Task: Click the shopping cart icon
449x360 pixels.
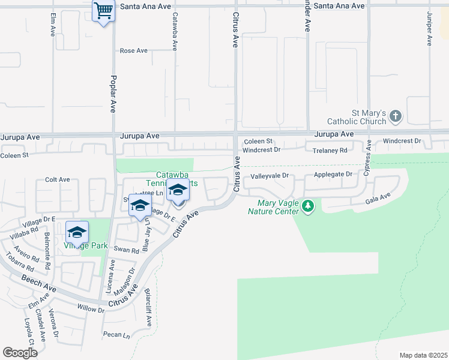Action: pos(104,10)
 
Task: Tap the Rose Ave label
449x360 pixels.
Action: pos(133,51)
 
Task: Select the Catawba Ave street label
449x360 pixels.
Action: pos(175,31)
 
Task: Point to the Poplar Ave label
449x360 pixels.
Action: pos(113,94)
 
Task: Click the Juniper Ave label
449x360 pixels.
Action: pos(429,29)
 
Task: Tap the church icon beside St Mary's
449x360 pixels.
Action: pos(396,116)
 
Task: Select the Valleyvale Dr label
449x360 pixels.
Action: pos(270,176)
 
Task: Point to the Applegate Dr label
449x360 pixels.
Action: pos(333,175)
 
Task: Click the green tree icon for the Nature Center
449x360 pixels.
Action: pos(308,206)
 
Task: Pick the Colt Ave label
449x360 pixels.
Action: pos(58,179)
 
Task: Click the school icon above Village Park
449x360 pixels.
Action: pos(77,232)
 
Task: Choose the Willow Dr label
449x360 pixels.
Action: pos(91,308)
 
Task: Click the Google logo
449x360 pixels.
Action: pos(20,353)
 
